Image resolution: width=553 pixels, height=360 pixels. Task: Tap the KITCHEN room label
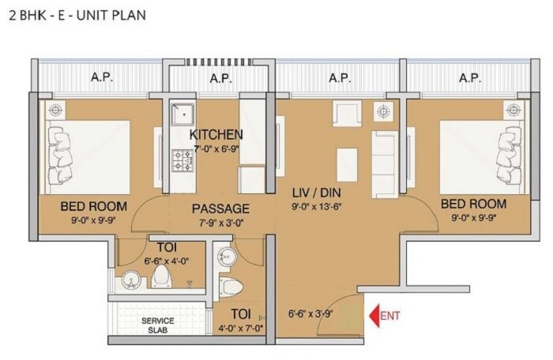[x=216, y=134]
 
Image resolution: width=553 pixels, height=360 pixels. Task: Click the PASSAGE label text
[x=221, y=209]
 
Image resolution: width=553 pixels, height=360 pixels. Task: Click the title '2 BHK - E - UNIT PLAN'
[x=77, y=14]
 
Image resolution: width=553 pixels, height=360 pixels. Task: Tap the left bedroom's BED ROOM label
[x=93, y=206]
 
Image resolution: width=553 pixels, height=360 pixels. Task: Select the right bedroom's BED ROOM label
[x=474, y=204]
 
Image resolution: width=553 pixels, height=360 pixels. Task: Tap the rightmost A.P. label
[x=470, y=77]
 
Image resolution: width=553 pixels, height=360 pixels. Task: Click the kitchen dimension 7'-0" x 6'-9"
[x=215, y=148]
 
